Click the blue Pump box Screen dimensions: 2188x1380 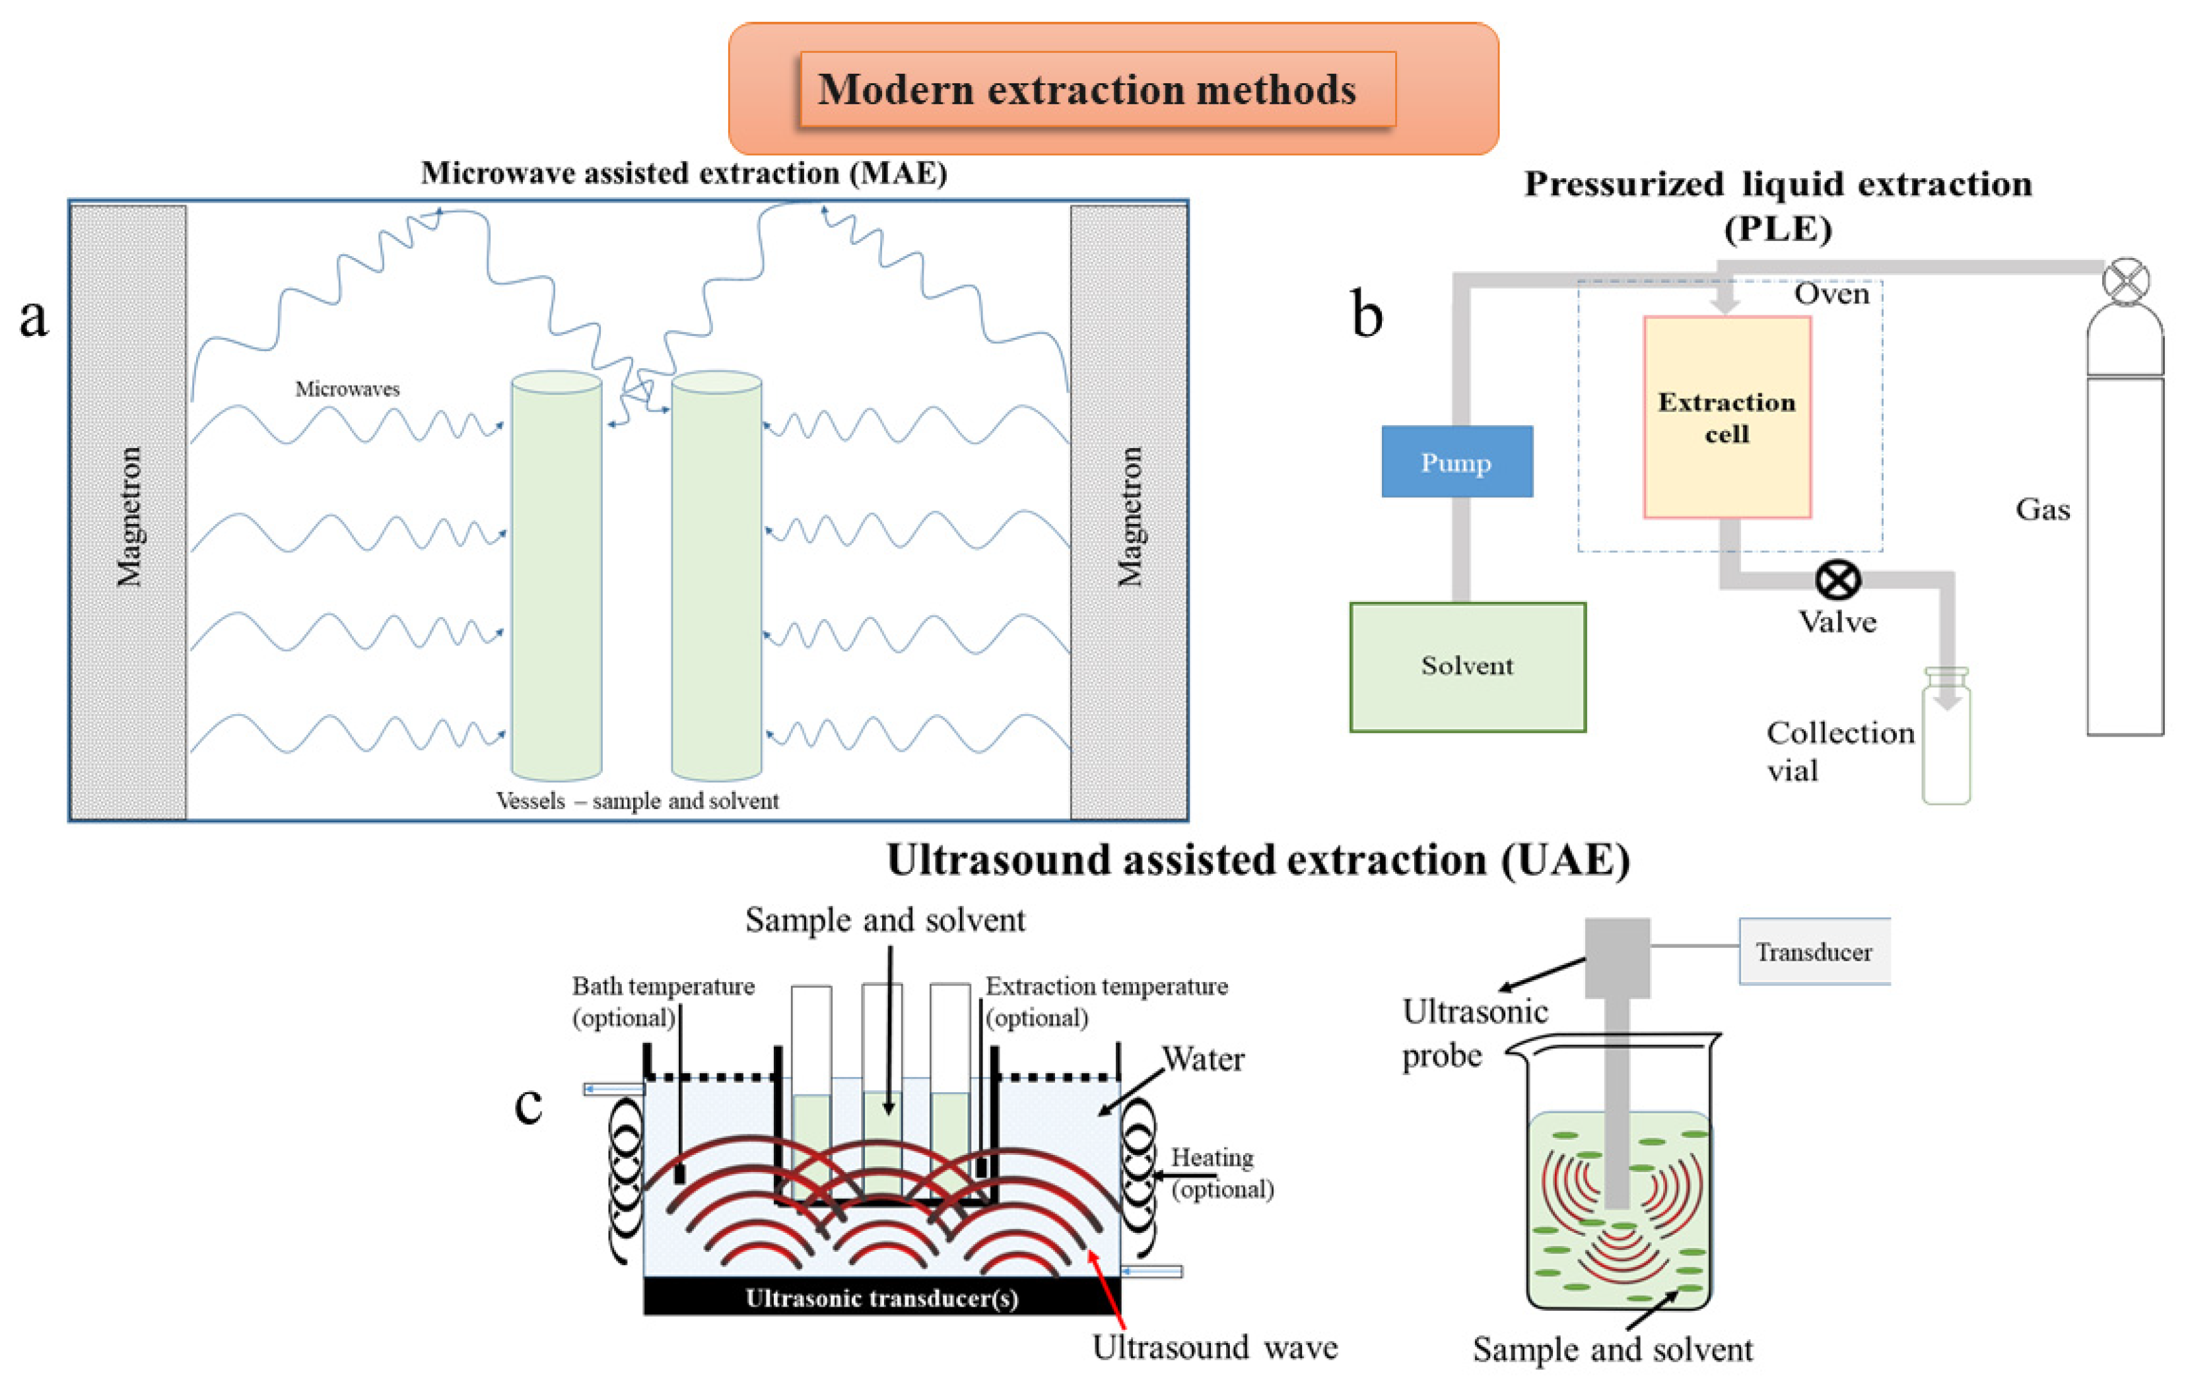click(1456, 461)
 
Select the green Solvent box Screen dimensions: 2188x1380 click(1468, 667)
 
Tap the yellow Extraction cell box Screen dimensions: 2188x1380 click(1726, 417)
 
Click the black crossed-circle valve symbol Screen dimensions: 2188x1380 click(1837, 579)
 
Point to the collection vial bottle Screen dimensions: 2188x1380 click(1946, 736)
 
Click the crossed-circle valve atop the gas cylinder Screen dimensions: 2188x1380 click(2126, 282)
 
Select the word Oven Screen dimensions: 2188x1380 click(1831, 294)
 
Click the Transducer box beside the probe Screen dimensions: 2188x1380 click(1814, 951)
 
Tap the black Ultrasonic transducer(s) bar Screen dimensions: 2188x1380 click(881, 1296)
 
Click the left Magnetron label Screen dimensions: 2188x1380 click(129, 516)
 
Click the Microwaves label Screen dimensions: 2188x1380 click(347, 389)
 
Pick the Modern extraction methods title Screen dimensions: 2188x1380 click(1087, 89)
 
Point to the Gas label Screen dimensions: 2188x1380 click(2043, 509)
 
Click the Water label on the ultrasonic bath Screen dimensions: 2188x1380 click(1203, 1059)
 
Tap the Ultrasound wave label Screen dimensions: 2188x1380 click(1215, 1346)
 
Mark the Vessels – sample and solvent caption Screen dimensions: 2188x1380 click(637, 801)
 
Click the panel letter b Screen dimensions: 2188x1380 click(1367, 313)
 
